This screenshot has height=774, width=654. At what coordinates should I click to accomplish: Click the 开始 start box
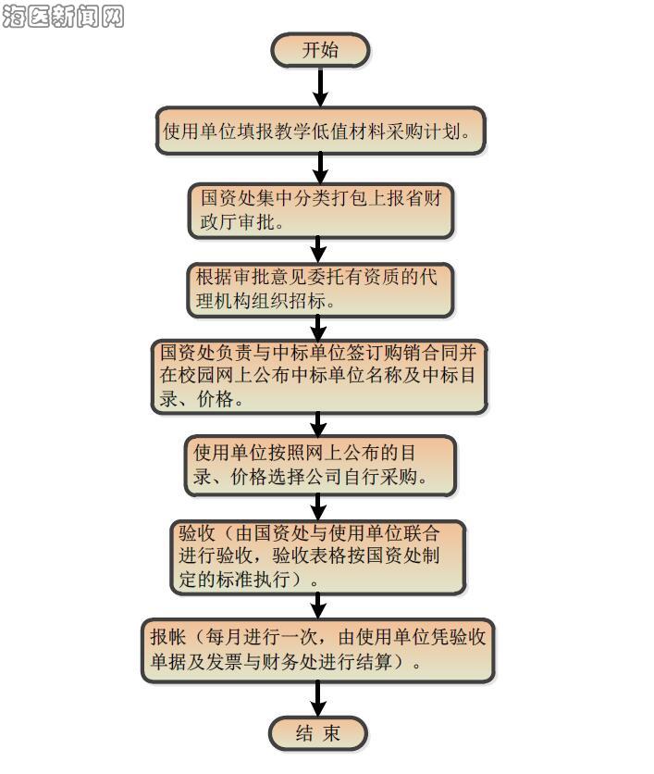320,50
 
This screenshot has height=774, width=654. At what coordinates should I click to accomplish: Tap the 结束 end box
318,733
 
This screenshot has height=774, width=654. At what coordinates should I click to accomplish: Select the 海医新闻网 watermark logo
63,16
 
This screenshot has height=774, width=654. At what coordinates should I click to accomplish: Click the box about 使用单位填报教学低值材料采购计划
320,131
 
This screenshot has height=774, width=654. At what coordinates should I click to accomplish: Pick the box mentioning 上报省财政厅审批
320,210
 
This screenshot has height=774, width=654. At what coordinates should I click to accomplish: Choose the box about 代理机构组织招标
320,290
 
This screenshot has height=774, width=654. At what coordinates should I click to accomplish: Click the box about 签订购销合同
319,377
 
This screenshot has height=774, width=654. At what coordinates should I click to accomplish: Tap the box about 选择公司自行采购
320,466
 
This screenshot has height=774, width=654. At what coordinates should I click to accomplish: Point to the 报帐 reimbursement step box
317,650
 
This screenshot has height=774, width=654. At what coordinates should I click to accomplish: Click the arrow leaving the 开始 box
320,86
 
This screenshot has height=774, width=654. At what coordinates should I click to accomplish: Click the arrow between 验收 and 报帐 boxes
318,605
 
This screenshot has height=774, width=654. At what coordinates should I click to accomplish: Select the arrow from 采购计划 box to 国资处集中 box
320,168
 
